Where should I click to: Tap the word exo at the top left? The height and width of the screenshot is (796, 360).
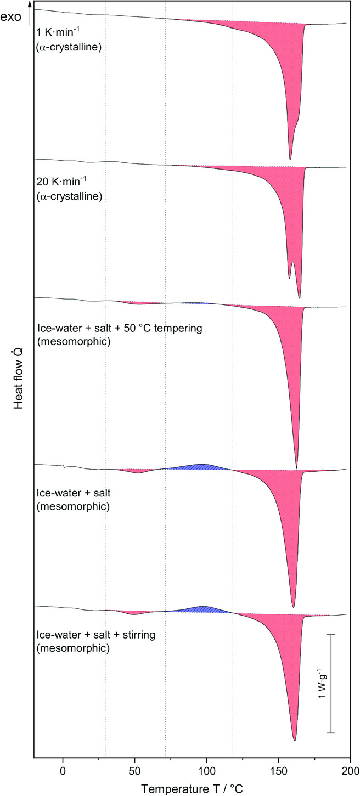click(11, 17)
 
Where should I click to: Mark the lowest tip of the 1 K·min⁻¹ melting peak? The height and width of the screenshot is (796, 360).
click(290, 159)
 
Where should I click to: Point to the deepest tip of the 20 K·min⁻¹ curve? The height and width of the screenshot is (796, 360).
click(299, 298)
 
